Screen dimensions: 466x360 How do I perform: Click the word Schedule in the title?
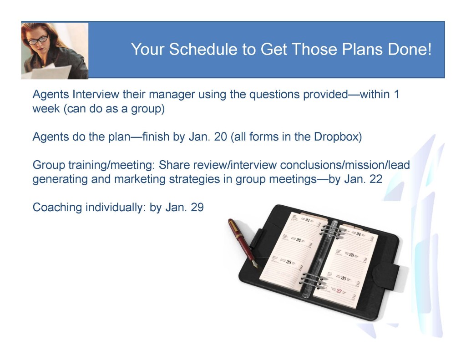(x=203, y=49)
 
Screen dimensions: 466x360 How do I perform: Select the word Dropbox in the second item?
(x=336, y=137)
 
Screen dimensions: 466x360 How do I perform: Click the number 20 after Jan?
(x=220, y=137)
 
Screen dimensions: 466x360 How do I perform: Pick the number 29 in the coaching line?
(x=197, y=207)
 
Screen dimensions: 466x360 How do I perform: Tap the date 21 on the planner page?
(x=308, y=220)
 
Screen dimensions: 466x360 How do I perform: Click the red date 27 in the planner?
(x=339, y=291)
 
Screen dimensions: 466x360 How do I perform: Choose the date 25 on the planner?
(x=352, y=255)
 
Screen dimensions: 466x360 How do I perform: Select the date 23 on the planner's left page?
(x=289, y=262)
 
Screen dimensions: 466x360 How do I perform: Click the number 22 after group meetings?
(x=375, y=179)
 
